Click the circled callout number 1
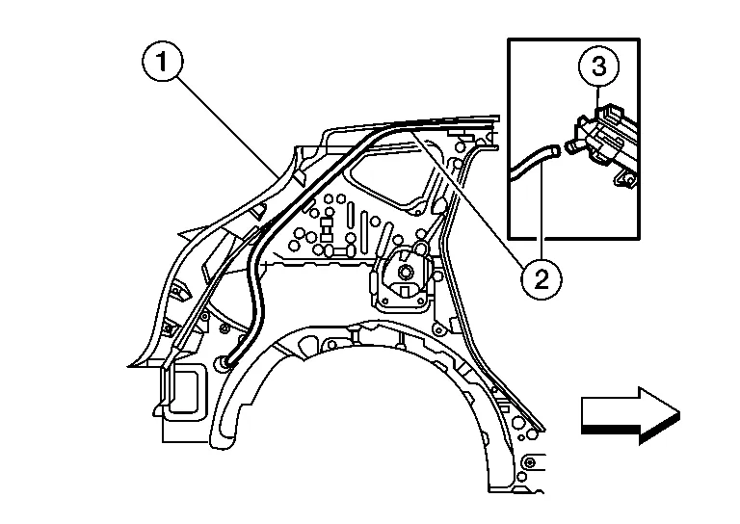(x=163, y=65)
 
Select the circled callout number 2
(x=541, y=279)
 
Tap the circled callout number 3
(x=598, y=68)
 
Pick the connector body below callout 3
(x=607, y=140)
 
